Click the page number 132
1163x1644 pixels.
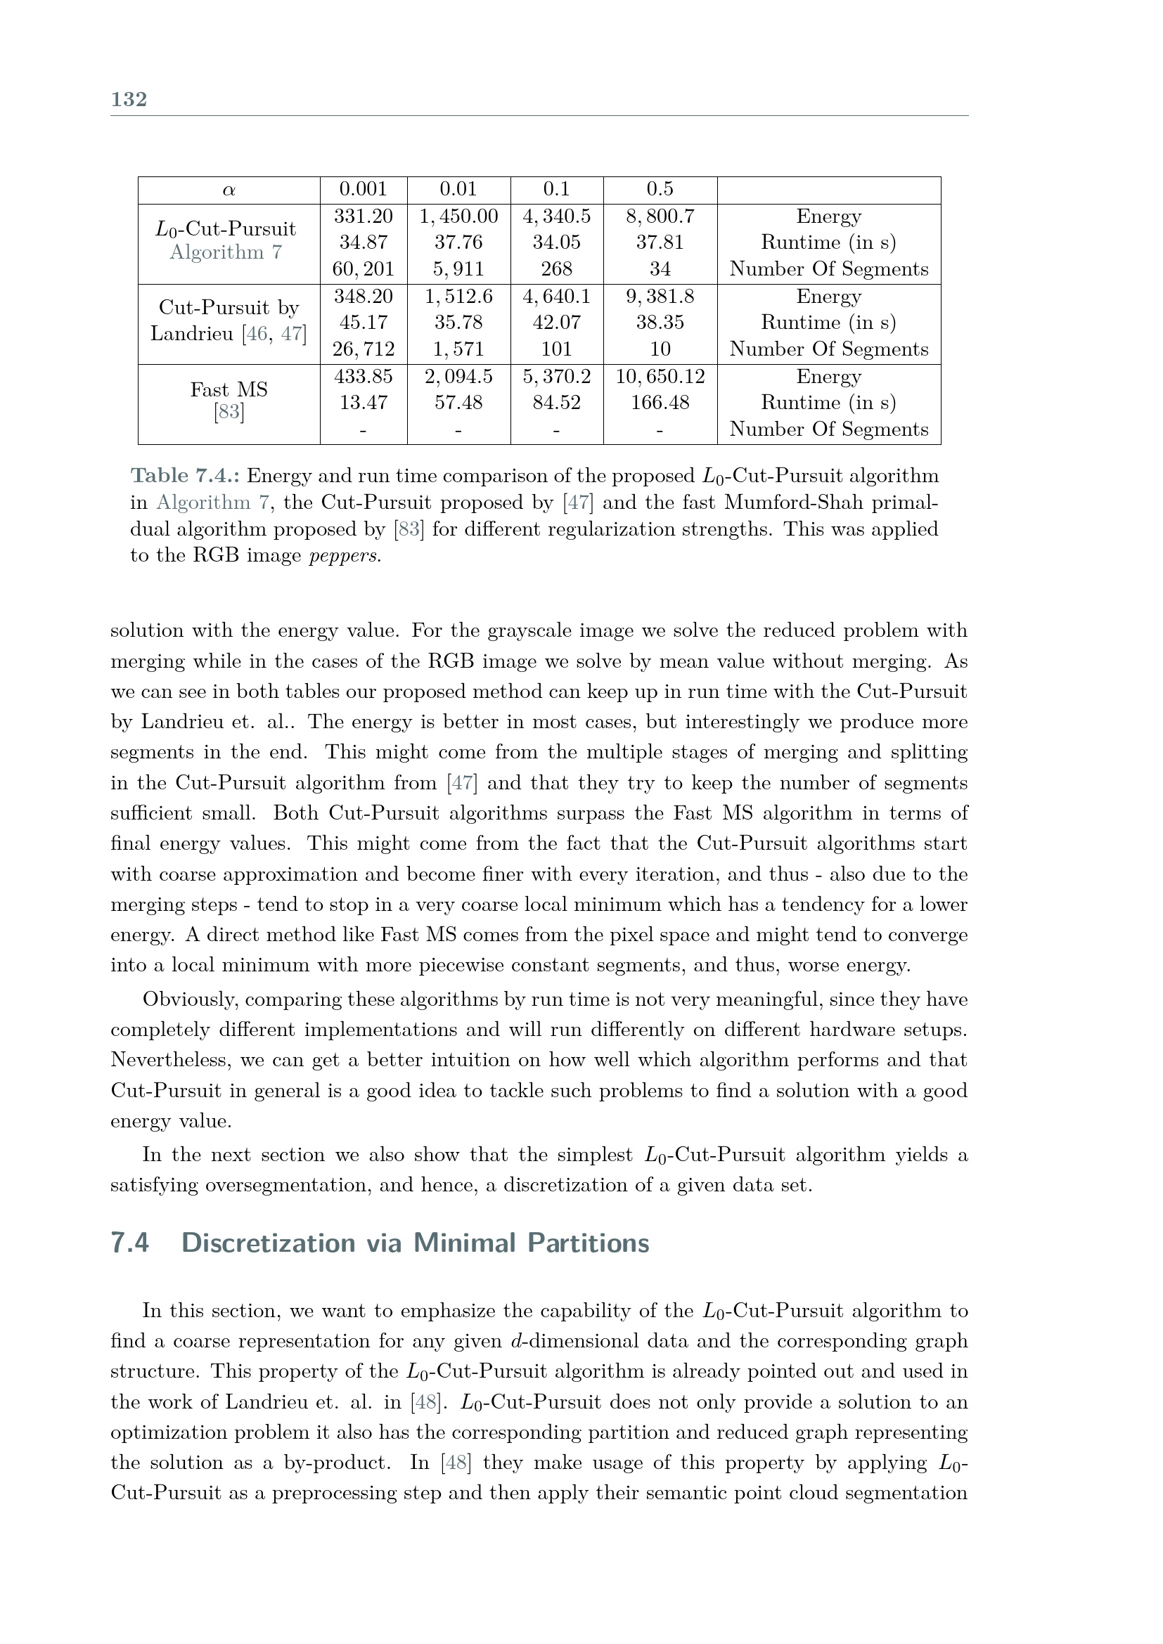pos(129,99)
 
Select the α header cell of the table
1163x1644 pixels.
pos(229,190)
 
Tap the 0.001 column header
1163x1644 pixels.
pos(363,189)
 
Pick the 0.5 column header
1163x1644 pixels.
pos(660,189)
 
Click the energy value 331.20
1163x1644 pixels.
pos(363,216)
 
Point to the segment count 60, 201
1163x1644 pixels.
pos(363,269)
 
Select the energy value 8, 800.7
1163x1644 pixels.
pos(660,216)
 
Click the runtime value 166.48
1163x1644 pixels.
pos(660,403)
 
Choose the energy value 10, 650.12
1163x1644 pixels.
pos(660,377)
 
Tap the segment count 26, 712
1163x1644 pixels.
pos(363,349)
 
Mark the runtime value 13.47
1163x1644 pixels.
pos(363,403)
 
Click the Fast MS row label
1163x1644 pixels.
pos(229,389)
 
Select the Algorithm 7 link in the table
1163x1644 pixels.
pos(226,252)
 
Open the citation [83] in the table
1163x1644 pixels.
pos(229,413)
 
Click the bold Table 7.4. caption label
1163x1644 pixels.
pos(185,476)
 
